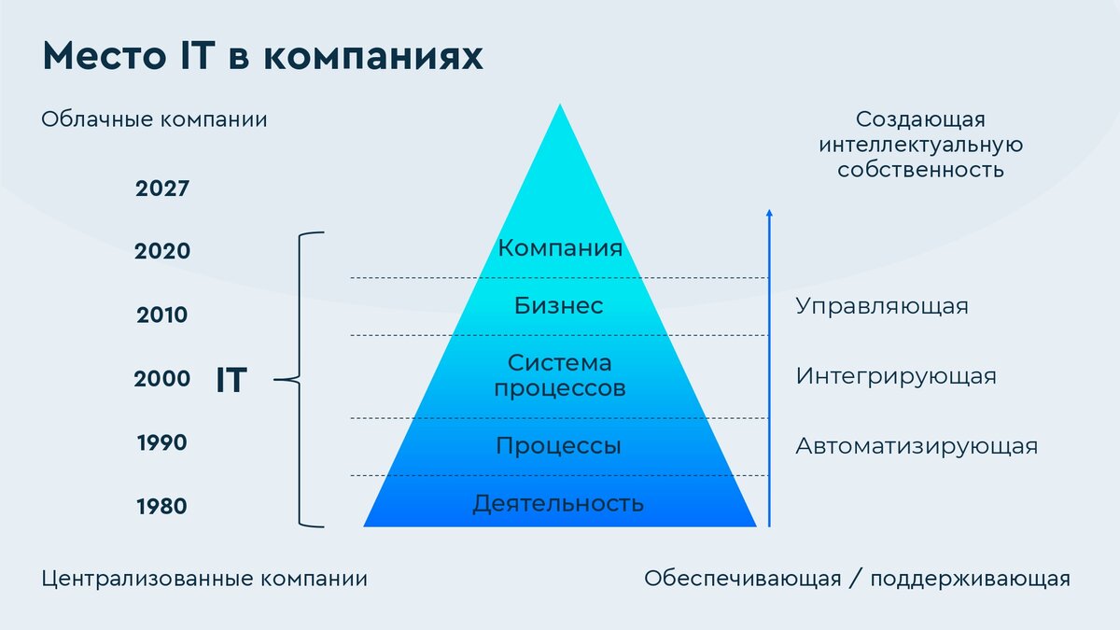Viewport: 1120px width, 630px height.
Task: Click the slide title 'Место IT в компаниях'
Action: [262, 56]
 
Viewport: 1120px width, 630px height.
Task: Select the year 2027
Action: [162, 189]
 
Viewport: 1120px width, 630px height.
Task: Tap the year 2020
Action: [162, 251]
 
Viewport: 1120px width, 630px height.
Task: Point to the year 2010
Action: [162, 315]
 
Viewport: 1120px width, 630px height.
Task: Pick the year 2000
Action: [162, 379]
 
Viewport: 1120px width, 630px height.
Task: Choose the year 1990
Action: [162, 442]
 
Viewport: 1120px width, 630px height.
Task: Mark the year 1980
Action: [162, 507]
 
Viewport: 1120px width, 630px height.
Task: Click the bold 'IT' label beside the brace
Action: [231, 381]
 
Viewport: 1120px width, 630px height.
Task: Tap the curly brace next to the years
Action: [301, 379]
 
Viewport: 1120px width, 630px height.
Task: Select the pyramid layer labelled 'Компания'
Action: [560, 248]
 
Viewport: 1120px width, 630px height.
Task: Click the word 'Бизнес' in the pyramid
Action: [559, 305]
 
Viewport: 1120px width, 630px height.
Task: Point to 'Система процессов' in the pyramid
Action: [560, 375]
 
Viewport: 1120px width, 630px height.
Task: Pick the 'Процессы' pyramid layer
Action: [558, 446]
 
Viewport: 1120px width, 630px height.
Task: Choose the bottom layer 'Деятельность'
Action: [558, 504]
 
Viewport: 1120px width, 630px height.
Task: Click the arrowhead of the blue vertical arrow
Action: [769, 214]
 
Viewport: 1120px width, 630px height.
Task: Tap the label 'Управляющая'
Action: [882, 306]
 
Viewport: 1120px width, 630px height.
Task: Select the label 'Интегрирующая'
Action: [896, 376]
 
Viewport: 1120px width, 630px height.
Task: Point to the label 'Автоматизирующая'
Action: [917, 446]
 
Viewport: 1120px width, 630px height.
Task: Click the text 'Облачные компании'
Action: [155, 120]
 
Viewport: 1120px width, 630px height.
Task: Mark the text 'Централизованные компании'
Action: [205, 579]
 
